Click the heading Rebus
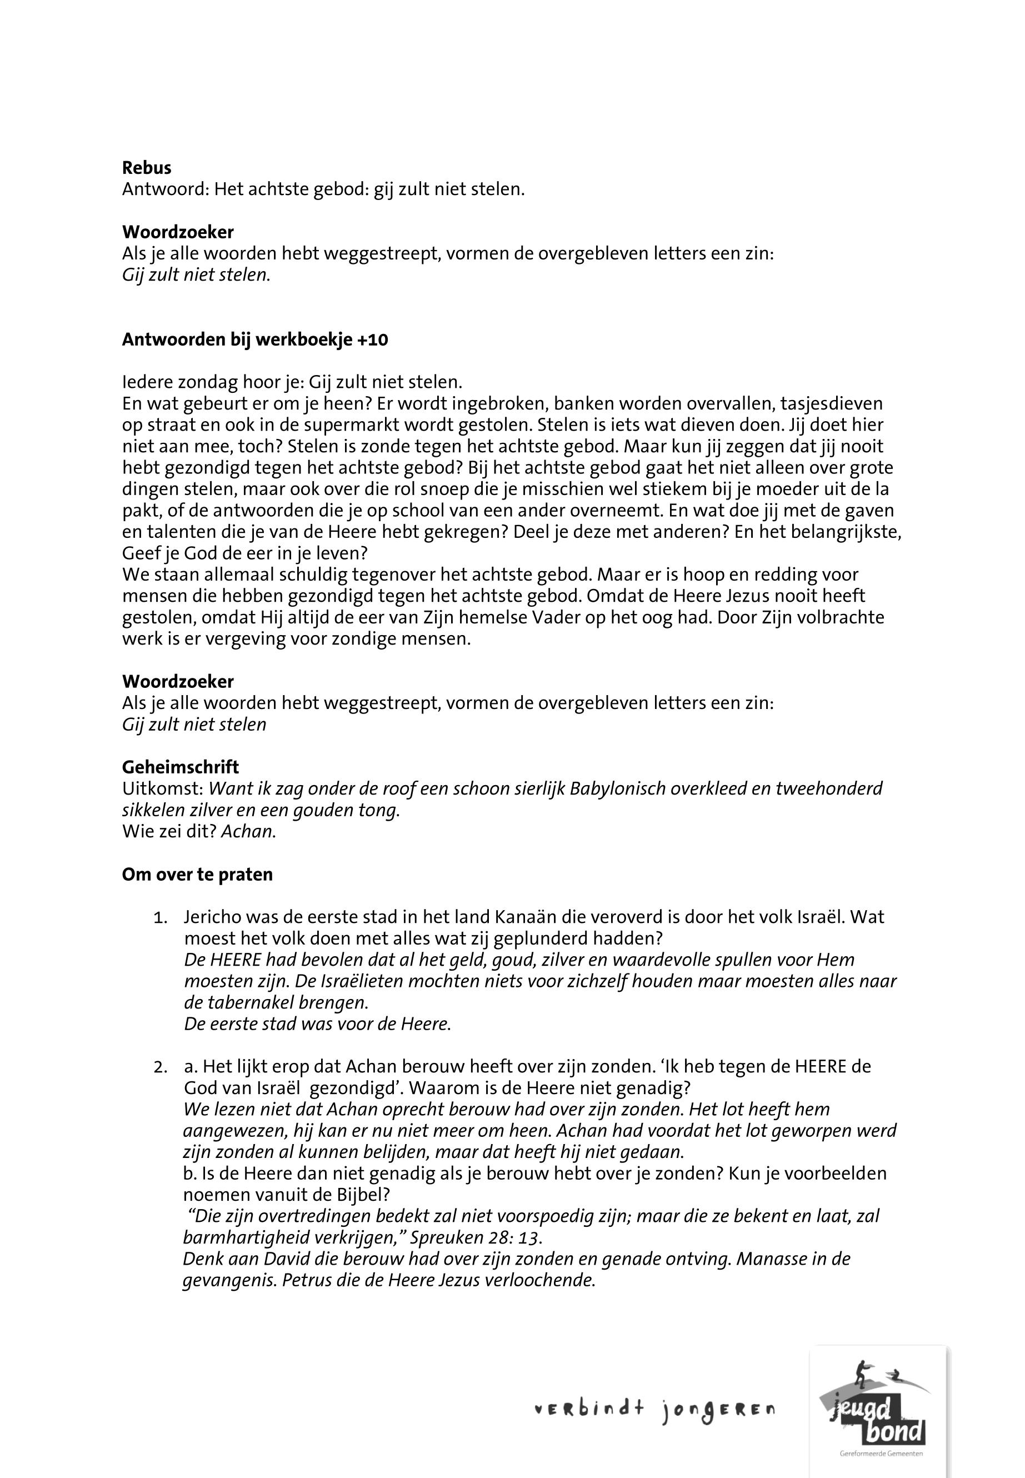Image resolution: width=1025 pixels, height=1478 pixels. [x=147, y=168]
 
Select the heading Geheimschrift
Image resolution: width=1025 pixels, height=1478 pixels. [x=181, y=767]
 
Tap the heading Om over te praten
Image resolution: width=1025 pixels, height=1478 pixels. [x=197, y=875]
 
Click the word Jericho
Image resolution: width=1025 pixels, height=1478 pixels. [x=215, y=917]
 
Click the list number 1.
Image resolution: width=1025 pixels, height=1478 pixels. [x=160, y=918]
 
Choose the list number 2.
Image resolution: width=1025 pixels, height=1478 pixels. [x=160, y=1067]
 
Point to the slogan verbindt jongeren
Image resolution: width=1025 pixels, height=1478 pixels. [x=654, y=1411]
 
